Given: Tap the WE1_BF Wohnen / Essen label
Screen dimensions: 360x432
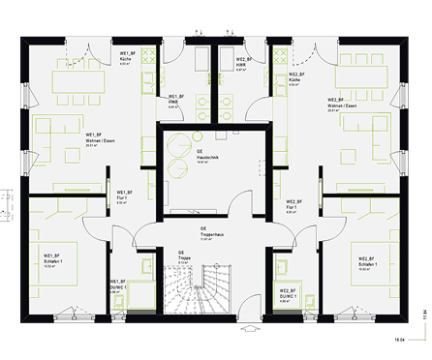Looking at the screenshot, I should (x=101, y=138).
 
